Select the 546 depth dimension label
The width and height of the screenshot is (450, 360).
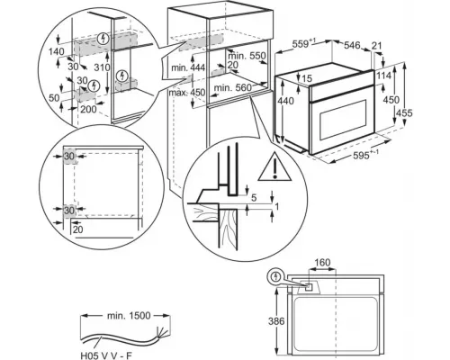352,45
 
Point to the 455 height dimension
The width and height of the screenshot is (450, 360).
404,113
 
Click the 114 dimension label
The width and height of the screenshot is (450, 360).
384,76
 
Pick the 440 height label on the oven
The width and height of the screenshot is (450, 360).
285,101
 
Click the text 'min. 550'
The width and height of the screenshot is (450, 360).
247,56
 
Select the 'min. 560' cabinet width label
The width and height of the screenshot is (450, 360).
233,88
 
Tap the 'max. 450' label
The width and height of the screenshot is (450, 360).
186,93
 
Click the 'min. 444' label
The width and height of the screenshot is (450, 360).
188,67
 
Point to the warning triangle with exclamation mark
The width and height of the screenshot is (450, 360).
274,168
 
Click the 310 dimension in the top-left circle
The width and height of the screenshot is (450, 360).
102,67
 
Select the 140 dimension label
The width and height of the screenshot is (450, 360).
57,51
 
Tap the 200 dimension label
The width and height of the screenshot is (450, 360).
88,109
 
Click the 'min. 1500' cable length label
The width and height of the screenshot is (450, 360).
129,316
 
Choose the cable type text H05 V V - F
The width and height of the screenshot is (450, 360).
106,355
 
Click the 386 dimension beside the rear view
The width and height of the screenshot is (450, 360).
276,321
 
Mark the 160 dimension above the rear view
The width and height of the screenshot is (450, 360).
322,263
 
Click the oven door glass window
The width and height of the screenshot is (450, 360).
344,121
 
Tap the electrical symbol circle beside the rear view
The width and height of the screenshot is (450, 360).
275,276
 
